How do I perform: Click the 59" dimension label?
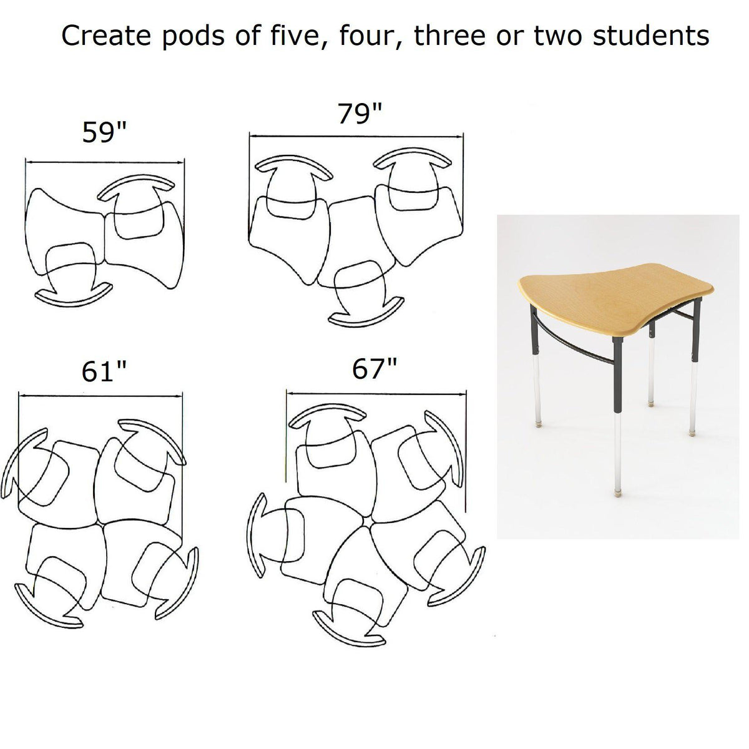104,132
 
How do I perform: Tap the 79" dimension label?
360,114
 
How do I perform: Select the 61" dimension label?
104,372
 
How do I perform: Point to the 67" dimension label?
374,370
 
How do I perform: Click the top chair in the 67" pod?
328,437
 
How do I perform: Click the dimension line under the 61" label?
100,395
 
